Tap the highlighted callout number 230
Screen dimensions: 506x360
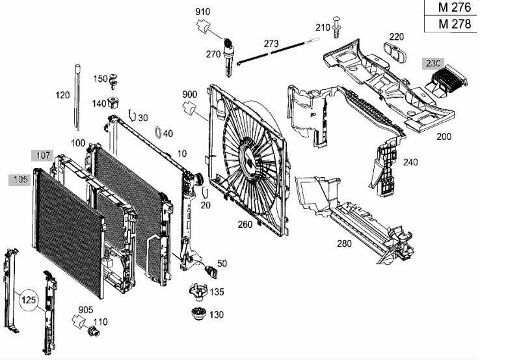click(x=433, y=63)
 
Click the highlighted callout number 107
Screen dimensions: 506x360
click(x=42, y=156)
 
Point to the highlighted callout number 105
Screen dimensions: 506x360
click(x=20, y=180)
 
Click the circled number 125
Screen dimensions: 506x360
click(x=29, y=300)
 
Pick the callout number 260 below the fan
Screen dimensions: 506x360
click(x=245, y=224)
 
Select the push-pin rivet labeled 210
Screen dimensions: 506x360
click(x=337, y=27)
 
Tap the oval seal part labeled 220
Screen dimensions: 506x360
click(x=395, y=52)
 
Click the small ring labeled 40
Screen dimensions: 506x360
click(x=158, y=132)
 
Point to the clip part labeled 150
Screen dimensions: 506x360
click(x=113, y=81)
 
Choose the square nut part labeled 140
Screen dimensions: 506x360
click(x=113, y=102)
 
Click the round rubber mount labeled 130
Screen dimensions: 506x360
click(x=199, y=314)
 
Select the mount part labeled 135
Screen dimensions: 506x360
click(x=198, y=292)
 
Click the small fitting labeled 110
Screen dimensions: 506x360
click(x=94, y=331)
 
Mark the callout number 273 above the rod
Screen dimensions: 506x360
click(x=271, y=44)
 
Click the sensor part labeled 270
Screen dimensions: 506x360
click(x=228, y=57)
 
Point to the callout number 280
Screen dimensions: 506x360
click(x=344, y=243)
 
